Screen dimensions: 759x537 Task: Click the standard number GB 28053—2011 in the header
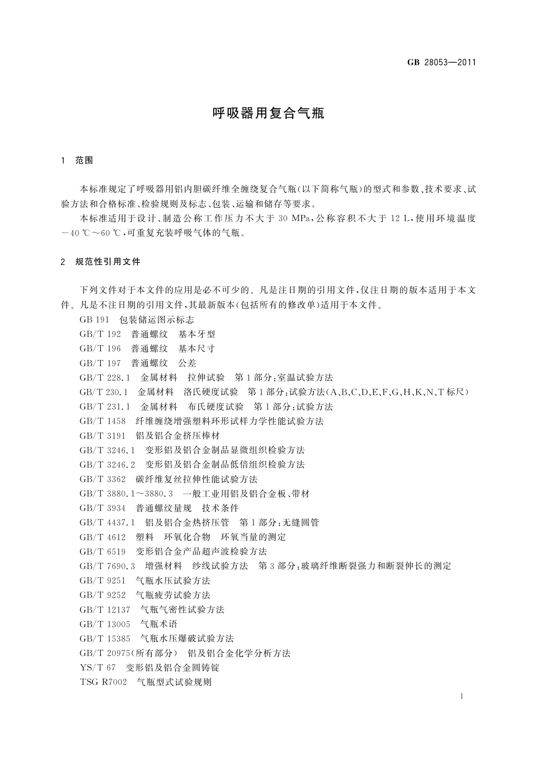coord(441,63)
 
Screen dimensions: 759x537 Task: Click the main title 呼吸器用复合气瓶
coord(268,113)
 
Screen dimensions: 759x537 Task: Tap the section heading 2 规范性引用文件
coord(101,261)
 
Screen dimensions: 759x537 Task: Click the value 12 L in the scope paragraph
coord(400,219)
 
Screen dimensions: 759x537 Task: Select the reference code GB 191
coord(94,320)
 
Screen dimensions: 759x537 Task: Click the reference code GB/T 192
coord(100,334)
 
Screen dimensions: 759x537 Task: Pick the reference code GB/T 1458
coord(102,421)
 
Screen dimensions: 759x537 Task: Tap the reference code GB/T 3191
coord(102,435)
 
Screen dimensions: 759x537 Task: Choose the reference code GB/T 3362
coord(102,479)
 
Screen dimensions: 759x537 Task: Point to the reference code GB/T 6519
coord(102,551)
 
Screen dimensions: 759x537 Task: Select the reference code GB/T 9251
coord(102,581)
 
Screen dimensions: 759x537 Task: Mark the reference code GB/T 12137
coord(105,609)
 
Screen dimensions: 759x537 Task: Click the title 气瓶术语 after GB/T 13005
coord(159,624)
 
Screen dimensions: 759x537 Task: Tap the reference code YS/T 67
coord(97,668)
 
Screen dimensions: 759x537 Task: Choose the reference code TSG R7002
coord(103,682)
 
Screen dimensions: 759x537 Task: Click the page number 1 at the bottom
coord(462,696)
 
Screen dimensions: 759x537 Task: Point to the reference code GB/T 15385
coord(105,638)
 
